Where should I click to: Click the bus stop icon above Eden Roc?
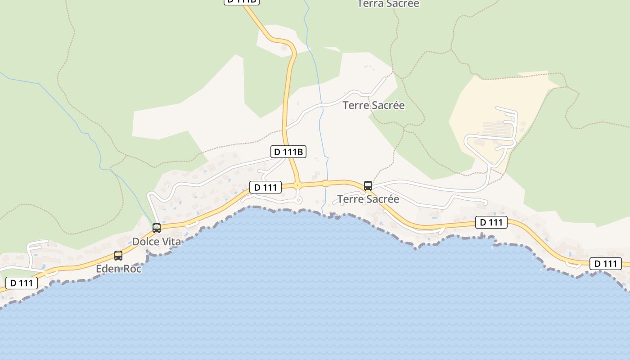pyautogui.click(x=118, y=256)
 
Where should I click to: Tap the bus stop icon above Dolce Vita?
pyautogui.click(x=157, y=228)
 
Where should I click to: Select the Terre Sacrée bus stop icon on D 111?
pyautogui.click(x=368, y=186)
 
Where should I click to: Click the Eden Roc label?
pyautogui.click(x=119, y=269)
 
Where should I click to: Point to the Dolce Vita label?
pyautogui.click(x=157, y=242)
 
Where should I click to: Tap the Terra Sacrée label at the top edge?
pyautogui.click(x=388, y=4)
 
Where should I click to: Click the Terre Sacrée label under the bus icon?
pyautogui.click(x=368, y=199)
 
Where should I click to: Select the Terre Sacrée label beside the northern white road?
pyautogui.click(x=373, y=105)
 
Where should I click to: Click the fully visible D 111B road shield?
pyautogui.click(x=288, y=152)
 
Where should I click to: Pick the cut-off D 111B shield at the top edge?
pyautogui.click(x=242, y=1)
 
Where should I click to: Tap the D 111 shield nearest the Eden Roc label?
pyautogui.click(x=22, y=283)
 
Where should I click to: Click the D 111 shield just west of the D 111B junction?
pyautogui.click(x=265, y=187)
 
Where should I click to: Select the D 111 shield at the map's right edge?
pyautogui.click(x=606, y=264)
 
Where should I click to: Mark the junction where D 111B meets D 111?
pyautogui.click(x=297, y=184)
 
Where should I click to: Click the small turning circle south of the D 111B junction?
pyautogui.click(x=298, y=201)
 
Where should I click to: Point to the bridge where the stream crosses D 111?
pyautogui.click(x=325, y=183)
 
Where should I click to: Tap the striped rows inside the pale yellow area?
pyautogui.click(x=497, y=129)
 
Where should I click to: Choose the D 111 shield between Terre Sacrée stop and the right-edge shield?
pyautogui.click(x=491, y=222)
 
